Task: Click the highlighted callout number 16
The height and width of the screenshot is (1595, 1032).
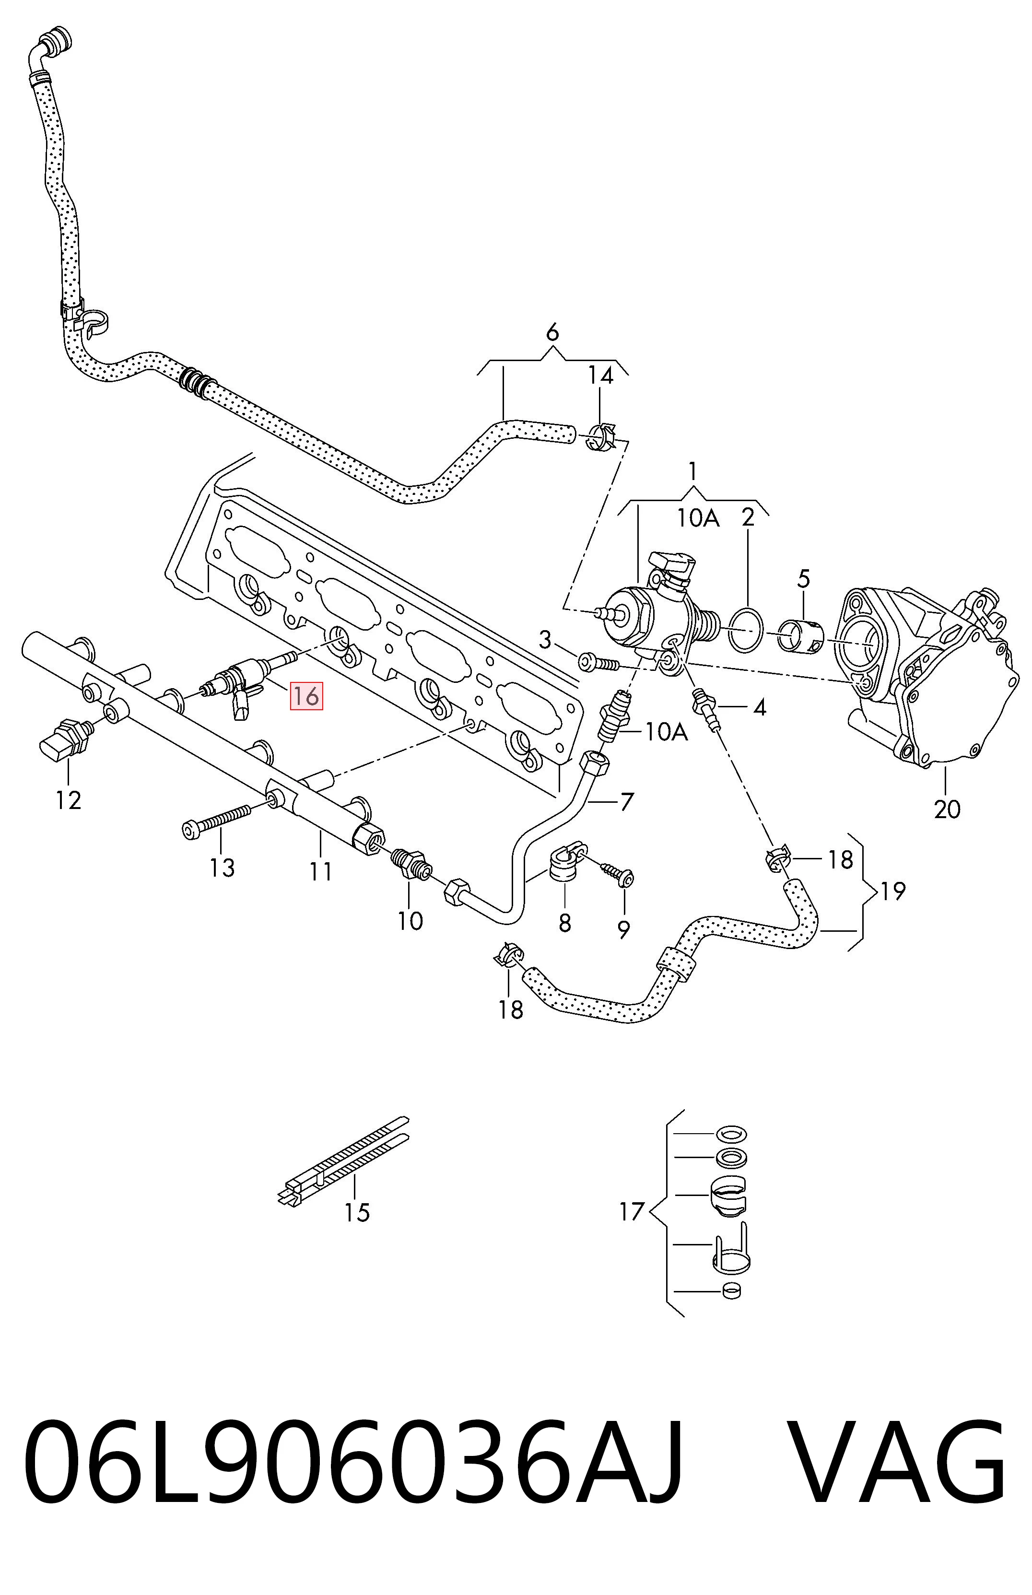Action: pyautogui.click(x=305, y=696)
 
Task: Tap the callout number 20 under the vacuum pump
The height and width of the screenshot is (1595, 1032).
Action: pyautogui.click(x=947, y=809)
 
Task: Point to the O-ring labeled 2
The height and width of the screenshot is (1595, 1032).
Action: pyautogui.click(x=745, y=629)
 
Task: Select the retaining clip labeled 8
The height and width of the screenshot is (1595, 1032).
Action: pyautogui.click(x=563, y=865)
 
